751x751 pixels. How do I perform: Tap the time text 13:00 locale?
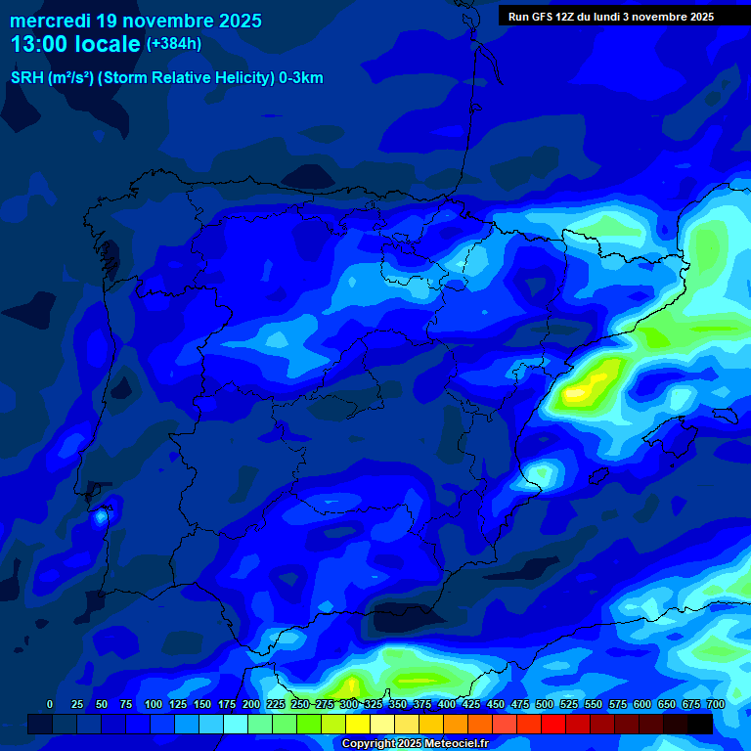[75, 44]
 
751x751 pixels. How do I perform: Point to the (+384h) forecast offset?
[174, 44]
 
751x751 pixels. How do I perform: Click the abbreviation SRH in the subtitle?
[26, 78]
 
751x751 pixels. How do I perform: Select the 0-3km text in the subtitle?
[300, 78]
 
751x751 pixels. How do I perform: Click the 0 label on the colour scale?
[50, 704]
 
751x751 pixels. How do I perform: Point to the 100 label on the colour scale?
[154, 704]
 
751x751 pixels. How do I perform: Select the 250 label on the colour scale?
[300, 704]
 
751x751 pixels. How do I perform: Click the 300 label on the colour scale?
[349, 704]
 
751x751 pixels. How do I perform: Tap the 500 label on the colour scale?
[545, 704]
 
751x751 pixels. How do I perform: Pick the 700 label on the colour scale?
[716, 704]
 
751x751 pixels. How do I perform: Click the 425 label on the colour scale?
[471, 704]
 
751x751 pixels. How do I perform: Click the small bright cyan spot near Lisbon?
[101, 516]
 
